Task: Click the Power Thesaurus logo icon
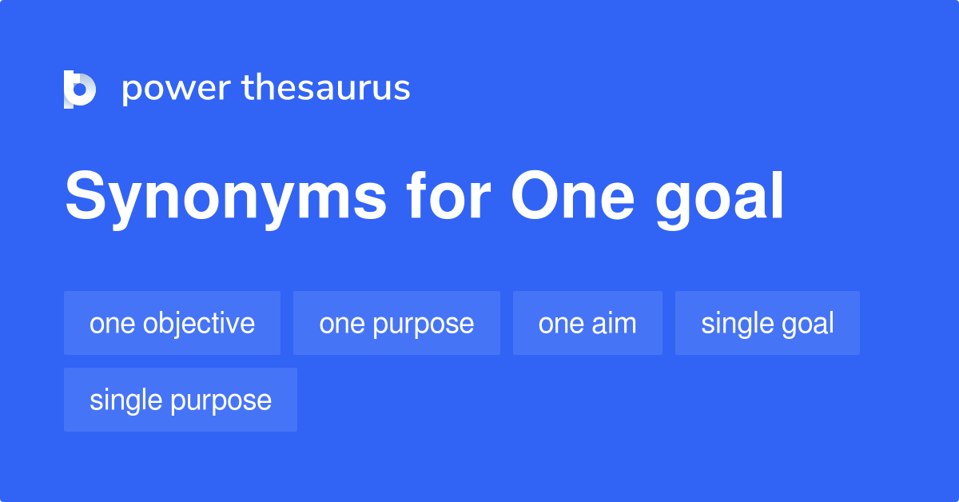point(80,89)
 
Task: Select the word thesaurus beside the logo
point(326,89)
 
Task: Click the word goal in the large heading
point(720,200)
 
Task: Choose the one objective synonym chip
point(172,323)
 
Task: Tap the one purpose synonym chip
point(396,323)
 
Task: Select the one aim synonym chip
point(587,323)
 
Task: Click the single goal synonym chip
point(767,323)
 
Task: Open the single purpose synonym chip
point(181,400)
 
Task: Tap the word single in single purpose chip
point(125,400)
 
